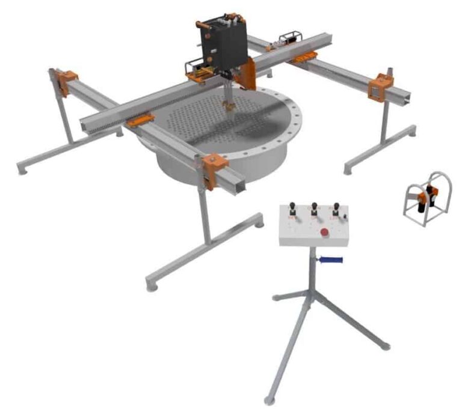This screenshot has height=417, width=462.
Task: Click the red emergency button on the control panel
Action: (324, 232)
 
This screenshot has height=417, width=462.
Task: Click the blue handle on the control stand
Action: (331, 260)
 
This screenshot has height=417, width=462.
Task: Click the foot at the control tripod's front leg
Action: (270, 399)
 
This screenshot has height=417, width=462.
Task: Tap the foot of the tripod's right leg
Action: (386, 346)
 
